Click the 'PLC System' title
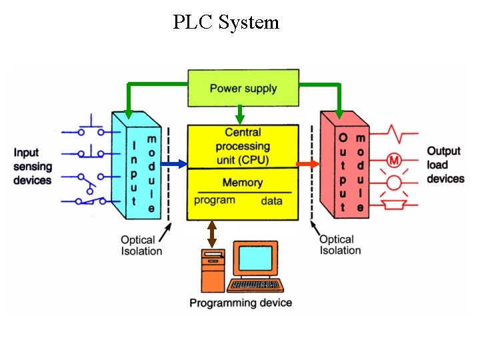pos(226,23)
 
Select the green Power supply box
pos(243,88)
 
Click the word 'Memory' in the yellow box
pos(243,182)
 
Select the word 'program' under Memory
pos(215,199)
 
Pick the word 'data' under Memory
pos(271,200)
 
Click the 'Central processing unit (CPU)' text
pos(243,145)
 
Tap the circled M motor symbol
pos(393,161)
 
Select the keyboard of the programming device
pos(255,285)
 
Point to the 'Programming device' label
pos(241,303)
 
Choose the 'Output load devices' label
pos(445,165)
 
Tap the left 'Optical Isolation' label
pos(141,245)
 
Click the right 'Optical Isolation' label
pos(340,245)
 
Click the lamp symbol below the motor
pos(394,182)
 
